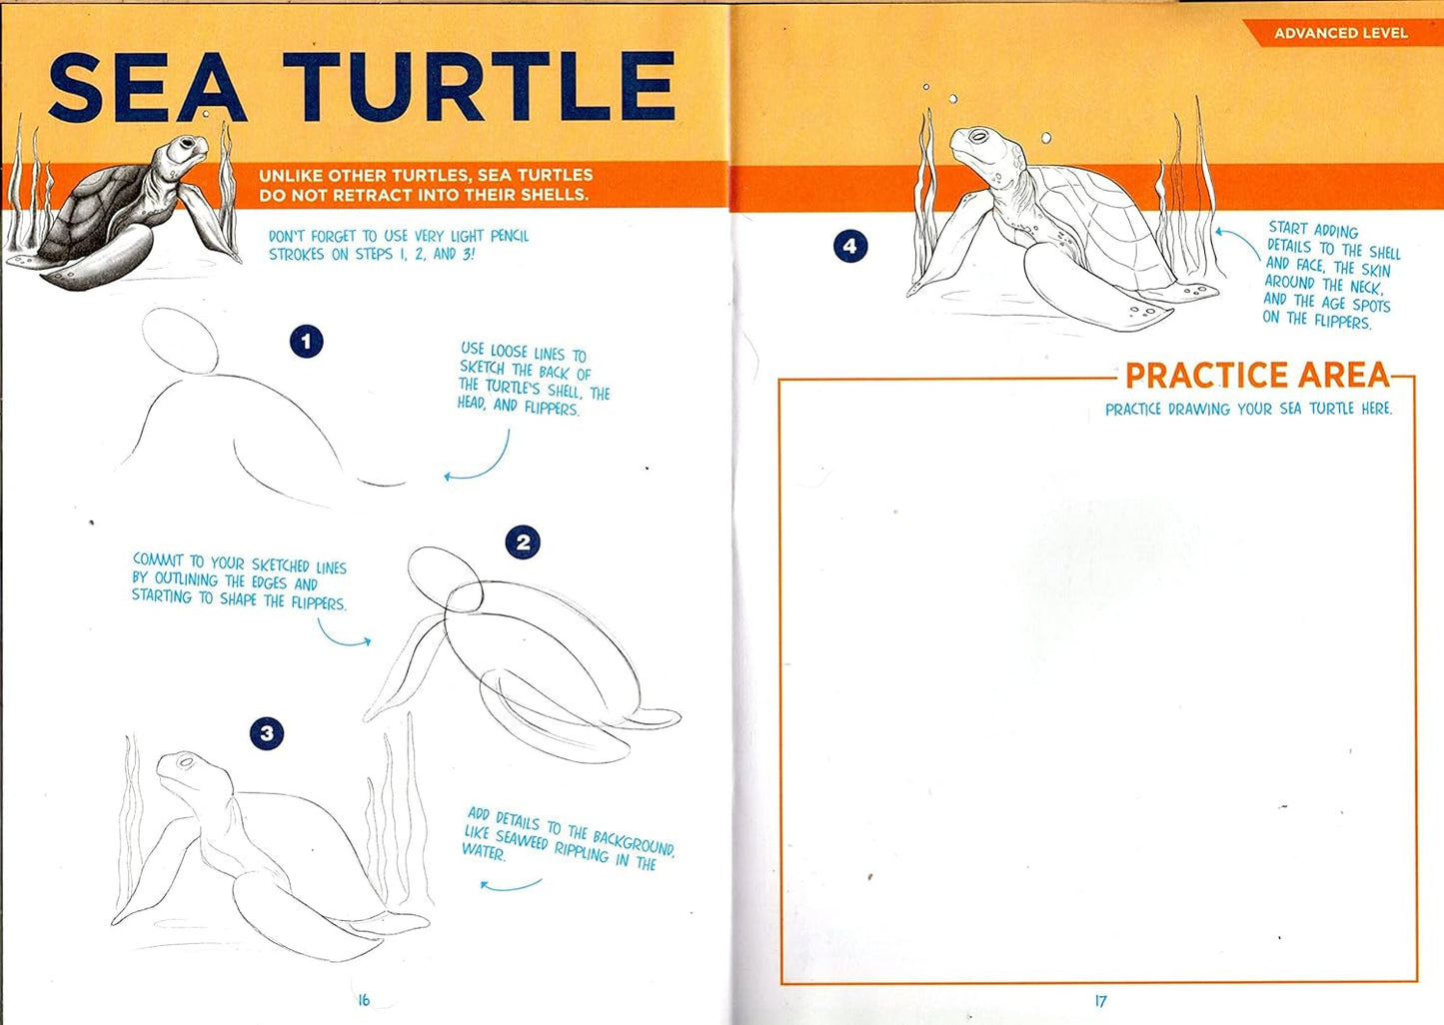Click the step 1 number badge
306,342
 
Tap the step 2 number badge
523,542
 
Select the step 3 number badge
266,733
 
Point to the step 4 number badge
849,246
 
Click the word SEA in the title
147,88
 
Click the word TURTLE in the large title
480,88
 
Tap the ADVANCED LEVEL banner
1340,33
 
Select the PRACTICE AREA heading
1257,376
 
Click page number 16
364,999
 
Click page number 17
1100,1000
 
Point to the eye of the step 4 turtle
978,137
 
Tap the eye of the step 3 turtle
185,762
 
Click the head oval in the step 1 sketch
180,341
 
